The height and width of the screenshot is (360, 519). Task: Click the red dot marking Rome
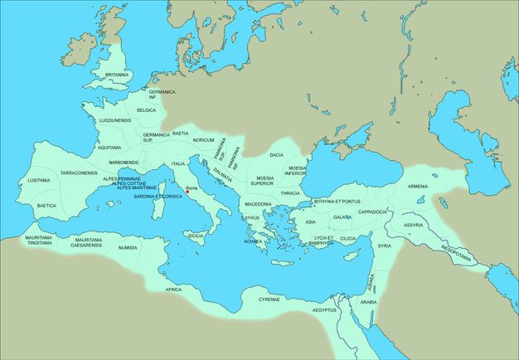click(188, 192)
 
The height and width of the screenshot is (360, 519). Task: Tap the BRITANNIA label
click(117, 75)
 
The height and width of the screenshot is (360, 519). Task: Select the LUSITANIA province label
click(39, 180)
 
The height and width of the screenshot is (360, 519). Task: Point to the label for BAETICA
click(46, 206)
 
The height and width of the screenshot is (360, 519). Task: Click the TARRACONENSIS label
click(79, 173)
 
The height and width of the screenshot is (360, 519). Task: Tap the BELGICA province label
click(146, 109)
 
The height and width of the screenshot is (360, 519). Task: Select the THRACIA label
click(290, 193)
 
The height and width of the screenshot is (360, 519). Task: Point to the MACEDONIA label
click(258, 204)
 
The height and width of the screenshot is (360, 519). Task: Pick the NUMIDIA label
click(129, 248)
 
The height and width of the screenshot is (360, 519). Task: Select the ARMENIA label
click(418, 187)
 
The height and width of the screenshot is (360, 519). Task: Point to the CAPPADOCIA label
click(373, 212)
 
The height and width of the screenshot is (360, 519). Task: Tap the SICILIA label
click(196, 236)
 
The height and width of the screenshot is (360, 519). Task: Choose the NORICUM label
click(203, 140)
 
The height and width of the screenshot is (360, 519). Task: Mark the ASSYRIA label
click(413, 225)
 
